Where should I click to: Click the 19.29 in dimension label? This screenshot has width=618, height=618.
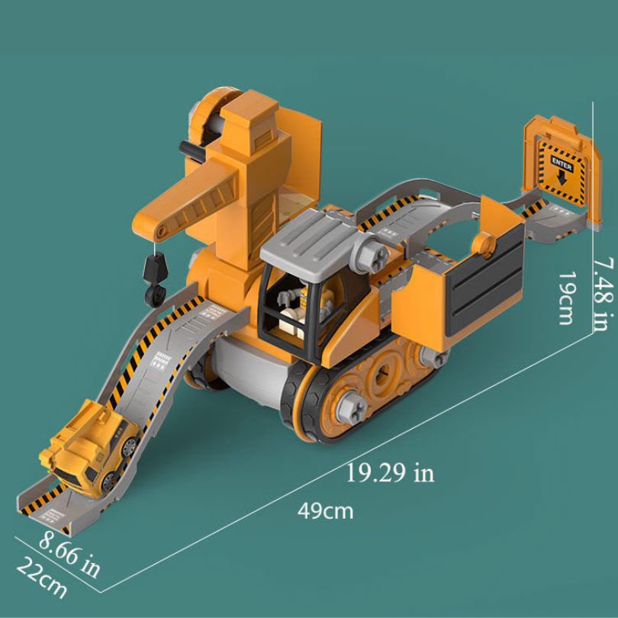[x=390, y=473]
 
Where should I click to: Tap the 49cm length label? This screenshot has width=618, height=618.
[x=326, y=510]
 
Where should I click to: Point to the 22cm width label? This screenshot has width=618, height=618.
[x=42, y=578]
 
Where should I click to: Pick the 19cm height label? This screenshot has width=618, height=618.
[x=565, y=298]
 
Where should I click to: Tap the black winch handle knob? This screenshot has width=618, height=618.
[x=184, y=149]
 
